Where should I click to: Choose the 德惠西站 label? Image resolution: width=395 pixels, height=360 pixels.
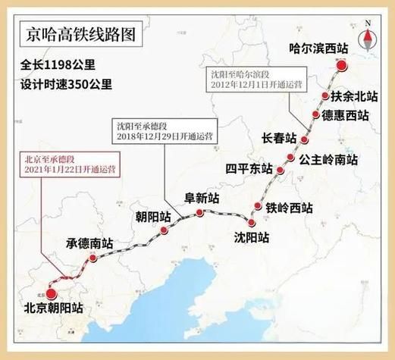tap(345, 115)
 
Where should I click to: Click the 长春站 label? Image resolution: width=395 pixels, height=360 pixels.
tap(277, 138)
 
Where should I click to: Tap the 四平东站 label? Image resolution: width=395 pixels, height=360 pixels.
tap(249, 167)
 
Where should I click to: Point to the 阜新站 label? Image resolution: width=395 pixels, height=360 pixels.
tap(202, 198)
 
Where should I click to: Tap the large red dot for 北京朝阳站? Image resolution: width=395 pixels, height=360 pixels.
tap(51, 293)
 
